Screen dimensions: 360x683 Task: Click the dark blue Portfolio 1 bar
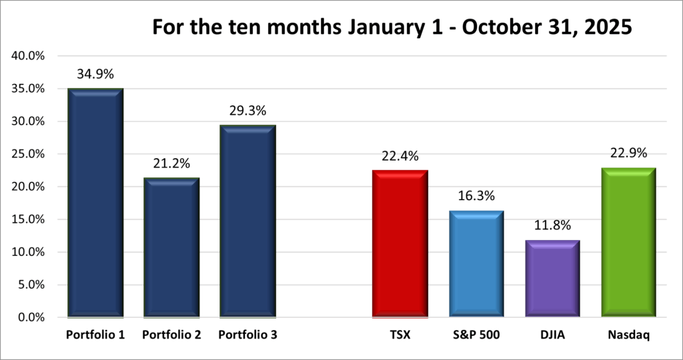click(95, 203)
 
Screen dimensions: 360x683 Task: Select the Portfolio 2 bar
click(171, 247)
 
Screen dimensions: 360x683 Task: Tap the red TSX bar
click(400, 243)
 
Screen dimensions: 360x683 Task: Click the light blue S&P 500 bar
click(476, 264)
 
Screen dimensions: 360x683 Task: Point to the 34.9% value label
click(95, 77)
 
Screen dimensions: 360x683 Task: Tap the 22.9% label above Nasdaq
click(628, 154)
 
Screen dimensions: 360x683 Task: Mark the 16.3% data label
click(476, 197)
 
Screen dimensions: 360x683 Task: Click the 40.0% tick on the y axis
click(28, 56)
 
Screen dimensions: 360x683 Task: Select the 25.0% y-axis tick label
click(28, 154)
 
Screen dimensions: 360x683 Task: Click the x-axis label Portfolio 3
click(247, 335)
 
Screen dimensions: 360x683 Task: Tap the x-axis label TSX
click(400, 335)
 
